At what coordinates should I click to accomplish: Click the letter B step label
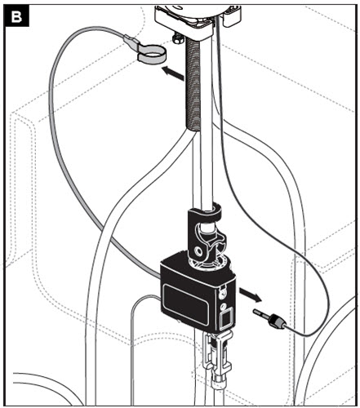(17, 17)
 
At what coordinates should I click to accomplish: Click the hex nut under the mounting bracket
(176, 40)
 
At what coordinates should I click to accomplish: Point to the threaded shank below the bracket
(193, 84)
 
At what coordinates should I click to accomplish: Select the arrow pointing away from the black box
(250, 295)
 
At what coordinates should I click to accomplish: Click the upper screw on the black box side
(224, 292)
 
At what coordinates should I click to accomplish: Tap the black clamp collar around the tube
(204, 213)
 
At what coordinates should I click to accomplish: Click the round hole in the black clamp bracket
(199, 251)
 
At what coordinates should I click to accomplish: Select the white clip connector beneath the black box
(218, 353)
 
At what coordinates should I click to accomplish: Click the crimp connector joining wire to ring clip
(131, 40)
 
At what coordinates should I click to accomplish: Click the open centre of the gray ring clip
(151, 51)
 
